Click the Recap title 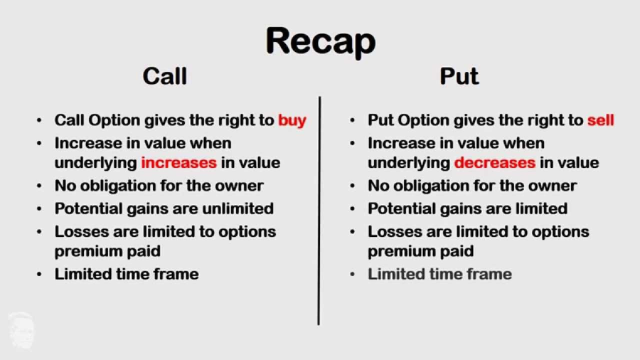[321, 42]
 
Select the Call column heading [165, 76]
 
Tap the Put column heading [459, 76]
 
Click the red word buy [292, 121]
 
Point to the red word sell [601, 120]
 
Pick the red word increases [178, 162]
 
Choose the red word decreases [495, 162]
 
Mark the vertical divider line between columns [319, 211]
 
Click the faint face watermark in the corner [21, 331]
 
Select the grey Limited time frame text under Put [439, 274]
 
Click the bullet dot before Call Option [39, 120]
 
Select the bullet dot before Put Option [352, 120]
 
